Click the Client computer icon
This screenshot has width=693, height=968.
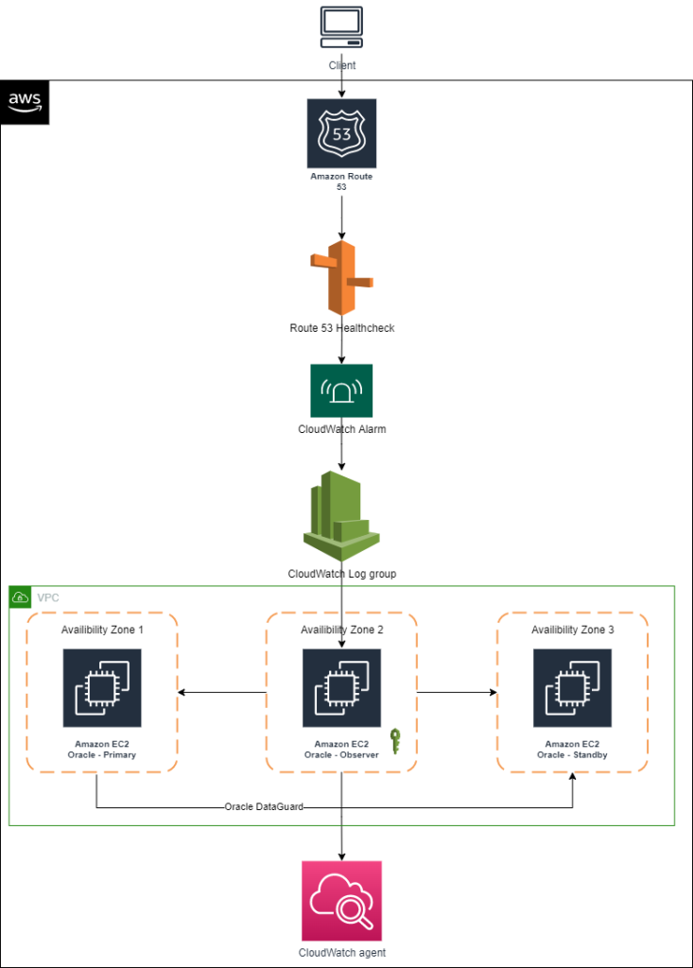click(x=341, y=27)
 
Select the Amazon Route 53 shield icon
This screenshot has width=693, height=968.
click(x=341, y=133)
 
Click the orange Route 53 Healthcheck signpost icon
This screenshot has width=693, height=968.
click(x=341, y=278)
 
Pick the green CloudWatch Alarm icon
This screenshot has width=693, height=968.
click(x=341, y=390)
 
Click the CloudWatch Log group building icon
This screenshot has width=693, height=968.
click(x=341, y=516)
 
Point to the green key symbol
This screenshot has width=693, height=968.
click(x=395, y=741)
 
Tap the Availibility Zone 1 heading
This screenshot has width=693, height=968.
click(x=101, y=630)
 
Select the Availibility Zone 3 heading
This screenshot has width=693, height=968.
click(x=572, y=630)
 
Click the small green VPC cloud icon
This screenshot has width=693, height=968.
click(x=20, y=597)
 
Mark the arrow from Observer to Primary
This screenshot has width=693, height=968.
click(x=222, y=693)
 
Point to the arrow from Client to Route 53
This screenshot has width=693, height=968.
click(x=341, y=85)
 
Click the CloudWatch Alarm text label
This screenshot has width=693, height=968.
click(x=341, y=428)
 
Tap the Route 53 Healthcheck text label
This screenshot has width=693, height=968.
click(x=341, y=328)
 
